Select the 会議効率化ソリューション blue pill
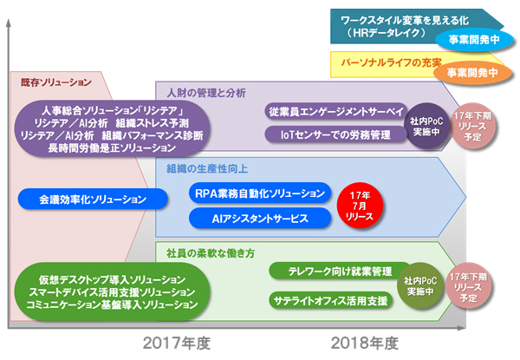point(93,200)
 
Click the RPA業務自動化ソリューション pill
point(259,193)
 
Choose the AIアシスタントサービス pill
point(259,219)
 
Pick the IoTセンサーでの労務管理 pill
point(335,134)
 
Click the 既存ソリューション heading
point(56,82)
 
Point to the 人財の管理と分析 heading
point(202,90)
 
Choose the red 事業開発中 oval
point(468,73)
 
